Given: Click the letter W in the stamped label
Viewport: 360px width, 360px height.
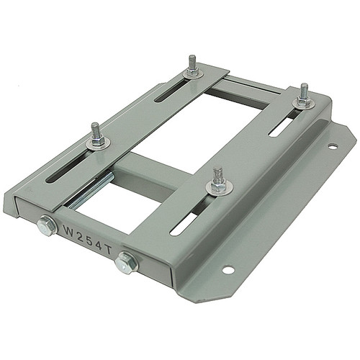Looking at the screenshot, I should [x=70, y=232].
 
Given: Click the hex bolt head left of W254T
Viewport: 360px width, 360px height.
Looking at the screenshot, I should [x=45, y=228].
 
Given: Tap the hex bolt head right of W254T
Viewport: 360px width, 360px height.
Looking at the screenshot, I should [x=127, y=261].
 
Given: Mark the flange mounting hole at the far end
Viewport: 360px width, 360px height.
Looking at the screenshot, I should [x=333, y=146].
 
